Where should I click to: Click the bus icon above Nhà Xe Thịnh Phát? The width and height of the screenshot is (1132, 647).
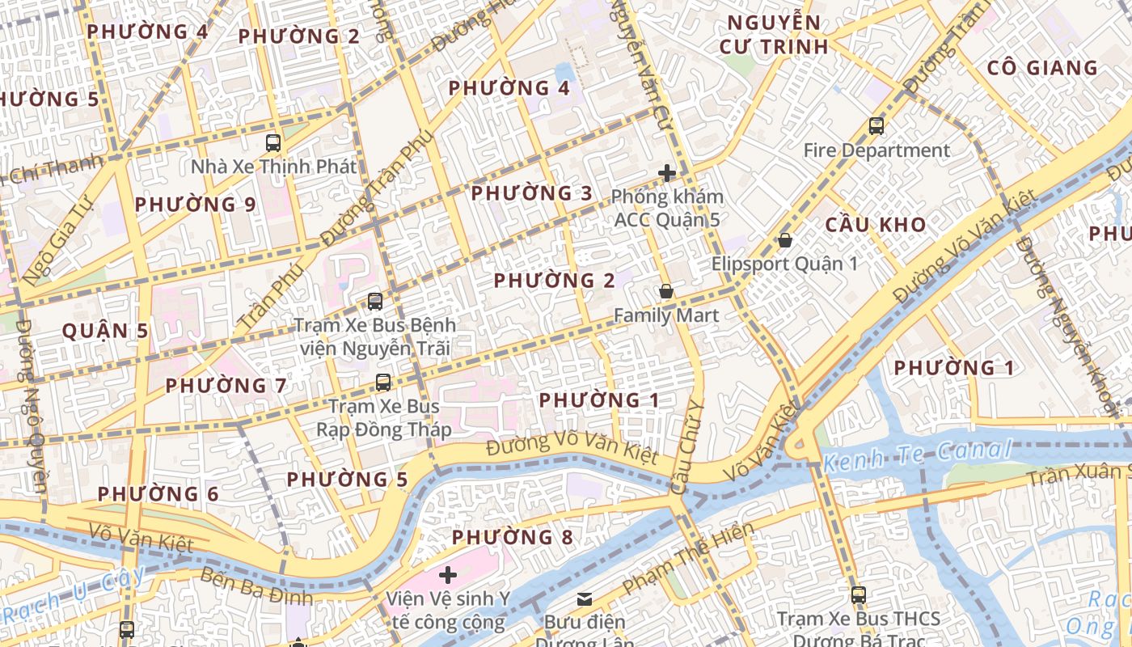[273, 143]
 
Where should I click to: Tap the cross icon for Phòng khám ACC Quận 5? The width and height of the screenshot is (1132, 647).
[666, 173]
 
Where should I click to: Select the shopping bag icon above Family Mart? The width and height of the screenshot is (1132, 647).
[665, 291]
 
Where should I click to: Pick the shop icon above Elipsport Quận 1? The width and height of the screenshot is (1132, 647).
[784, 240]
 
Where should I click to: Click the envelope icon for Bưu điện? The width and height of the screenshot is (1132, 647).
[584, 599]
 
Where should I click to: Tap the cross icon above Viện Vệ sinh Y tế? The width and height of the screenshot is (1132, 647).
[447, 575]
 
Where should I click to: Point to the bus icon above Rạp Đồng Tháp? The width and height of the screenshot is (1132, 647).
[383, 383]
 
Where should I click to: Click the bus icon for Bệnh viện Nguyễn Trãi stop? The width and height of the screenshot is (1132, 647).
[374, 302]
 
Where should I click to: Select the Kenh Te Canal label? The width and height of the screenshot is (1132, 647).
[917, 457]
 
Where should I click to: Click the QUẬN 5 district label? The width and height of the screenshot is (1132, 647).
[106, 331]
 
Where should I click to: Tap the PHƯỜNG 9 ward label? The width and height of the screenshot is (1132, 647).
[195, 205]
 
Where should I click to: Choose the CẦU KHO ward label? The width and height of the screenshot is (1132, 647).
[876, 225]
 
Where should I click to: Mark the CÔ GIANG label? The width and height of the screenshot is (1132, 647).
[1042, 68]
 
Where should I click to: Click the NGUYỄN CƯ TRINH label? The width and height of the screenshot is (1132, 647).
[774, 35]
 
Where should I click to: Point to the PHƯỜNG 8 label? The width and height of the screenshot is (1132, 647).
[512, 537]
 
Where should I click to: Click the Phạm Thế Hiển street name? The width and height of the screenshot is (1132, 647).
[688, 558]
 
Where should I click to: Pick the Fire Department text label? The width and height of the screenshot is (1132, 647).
[876, 150]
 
